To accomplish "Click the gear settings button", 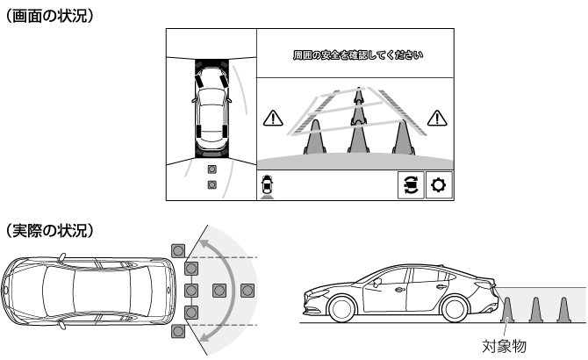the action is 439,185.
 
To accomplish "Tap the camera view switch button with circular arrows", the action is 411,185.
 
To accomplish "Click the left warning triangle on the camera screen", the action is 273,119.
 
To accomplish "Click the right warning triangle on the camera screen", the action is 437,119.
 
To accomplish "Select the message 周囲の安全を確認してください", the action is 358,55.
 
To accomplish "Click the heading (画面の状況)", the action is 49,16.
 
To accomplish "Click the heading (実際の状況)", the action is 49,230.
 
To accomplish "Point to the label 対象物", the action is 504,346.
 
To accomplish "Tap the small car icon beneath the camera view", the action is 267,184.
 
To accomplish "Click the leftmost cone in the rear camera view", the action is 315,137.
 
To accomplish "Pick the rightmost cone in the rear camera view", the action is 404,137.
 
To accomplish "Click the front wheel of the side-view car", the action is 342,309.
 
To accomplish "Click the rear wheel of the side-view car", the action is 454,309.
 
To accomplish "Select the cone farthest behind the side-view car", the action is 563,310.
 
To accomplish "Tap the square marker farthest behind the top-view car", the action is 247,291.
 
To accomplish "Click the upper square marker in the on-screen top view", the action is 212,169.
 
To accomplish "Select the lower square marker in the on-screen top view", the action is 212,184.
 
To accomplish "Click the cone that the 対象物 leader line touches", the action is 507,310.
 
